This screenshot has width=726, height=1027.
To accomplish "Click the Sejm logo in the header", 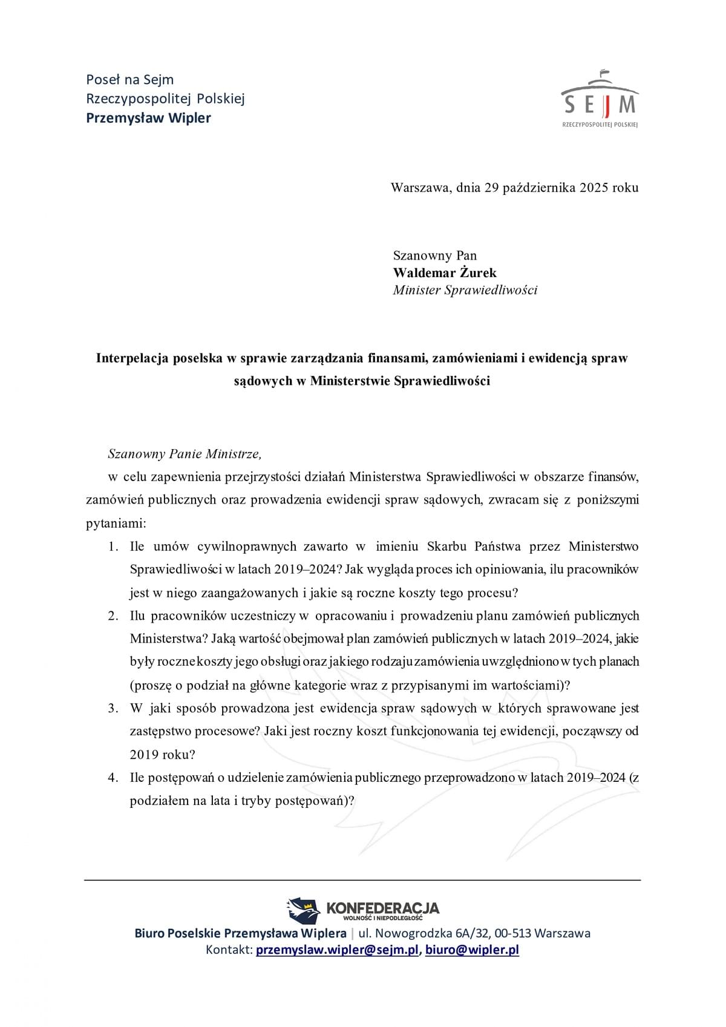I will click(x=600, y=99).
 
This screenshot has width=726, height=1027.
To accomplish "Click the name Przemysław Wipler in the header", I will click(x=148, y=117).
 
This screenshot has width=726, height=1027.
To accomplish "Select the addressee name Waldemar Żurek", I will click(x=445, y=272).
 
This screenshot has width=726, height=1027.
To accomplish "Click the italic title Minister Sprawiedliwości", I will click(x=465, y=290).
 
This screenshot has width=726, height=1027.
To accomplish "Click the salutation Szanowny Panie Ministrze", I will click(x=185, y=453).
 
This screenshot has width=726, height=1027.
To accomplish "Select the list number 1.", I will click(x=113, y=546).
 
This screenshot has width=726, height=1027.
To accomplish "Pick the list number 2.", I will click(x=113, y=615).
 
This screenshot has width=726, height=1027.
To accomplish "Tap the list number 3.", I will click(x=113, y=708).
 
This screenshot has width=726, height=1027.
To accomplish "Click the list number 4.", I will click(x=113, y=778).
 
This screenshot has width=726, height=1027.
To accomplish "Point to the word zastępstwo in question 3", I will click(x=157, y=731).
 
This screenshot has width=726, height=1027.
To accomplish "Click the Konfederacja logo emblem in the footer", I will click(x=303, y=910).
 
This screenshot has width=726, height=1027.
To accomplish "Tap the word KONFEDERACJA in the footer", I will click(x=382, y=908).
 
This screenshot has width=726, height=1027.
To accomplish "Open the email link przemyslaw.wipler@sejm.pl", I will click(x=337, y=950).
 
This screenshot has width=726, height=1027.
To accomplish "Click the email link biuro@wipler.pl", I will click(x=472, y=950).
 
